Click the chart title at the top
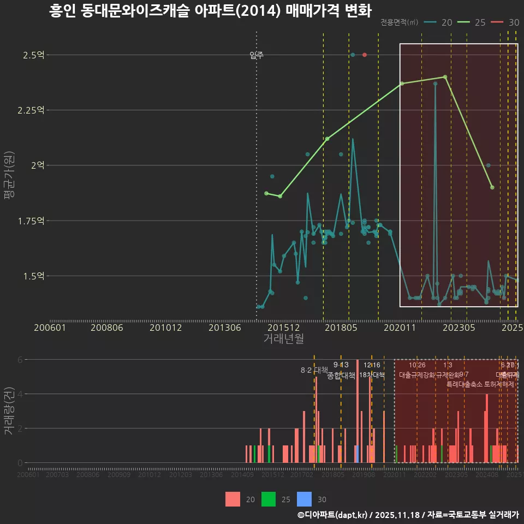tap(210, 11)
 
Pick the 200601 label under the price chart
tap(50, 327)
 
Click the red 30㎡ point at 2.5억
tap(365, 55)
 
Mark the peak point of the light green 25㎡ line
tap(445, 77)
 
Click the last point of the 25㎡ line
tap(492, 187)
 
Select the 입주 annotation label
tap(257, 55)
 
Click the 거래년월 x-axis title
tap(283, 339)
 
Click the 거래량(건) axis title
tap(10, 411)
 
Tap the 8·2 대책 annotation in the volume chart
tap(314, 370)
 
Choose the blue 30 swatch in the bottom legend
tap(305, 499)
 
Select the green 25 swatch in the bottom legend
tap(269, 499)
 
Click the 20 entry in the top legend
tap(439, 22)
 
